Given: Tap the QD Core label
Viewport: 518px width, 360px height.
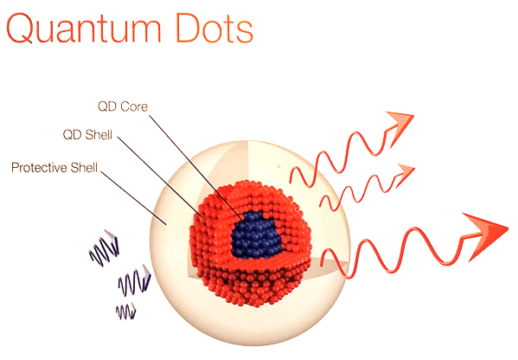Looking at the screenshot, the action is click(123, 106).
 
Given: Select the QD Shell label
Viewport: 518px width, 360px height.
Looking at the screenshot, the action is click(87, 135).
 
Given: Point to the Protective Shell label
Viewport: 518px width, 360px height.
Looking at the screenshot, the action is click(54, 168).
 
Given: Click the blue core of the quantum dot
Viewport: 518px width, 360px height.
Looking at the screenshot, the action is click(256, 234).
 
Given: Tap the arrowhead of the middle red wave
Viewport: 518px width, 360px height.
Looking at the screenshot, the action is click(405, 175).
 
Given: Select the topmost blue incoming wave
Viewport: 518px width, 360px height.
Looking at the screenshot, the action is click(104, 248).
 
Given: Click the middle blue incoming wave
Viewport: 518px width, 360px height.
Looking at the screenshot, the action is click(134, 280).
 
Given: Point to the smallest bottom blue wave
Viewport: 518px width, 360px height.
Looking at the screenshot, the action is click(126, 312).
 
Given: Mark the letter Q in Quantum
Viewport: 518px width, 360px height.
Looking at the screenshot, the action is click(20, 29).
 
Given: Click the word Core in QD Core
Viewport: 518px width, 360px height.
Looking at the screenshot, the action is click(134, 106).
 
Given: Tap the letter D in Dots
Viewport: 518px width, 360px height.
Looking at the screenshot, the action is click(188, 28).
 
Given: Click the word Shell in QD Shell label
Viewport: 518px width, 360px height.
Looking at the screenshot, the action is click(99, 135).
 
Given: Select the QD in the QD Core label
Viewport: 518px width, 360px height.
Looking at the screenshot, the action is click(107, 106).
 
